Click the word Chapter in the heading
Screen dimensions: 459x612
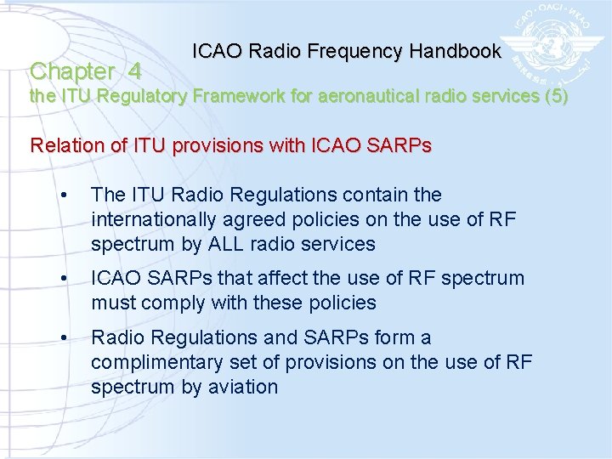(x=72, y=71)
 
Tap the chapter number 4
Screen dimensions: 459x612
(x=133, y=71)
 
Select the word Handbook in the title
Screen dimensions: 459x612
(x=456, y=51)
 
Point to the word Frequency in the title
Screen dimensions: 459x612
(x=361, y=51)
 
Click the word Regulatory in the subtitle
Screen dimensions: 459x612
(x=142, y=96)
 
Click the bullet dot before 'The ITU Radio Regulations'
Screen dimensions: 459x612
(x=65, y=196)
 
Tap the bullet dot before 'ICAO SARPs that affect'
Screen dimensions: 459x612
(x=65, y=279)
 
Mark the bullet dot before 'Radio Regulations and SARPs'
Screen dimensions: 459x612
(x=65, y=338)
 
